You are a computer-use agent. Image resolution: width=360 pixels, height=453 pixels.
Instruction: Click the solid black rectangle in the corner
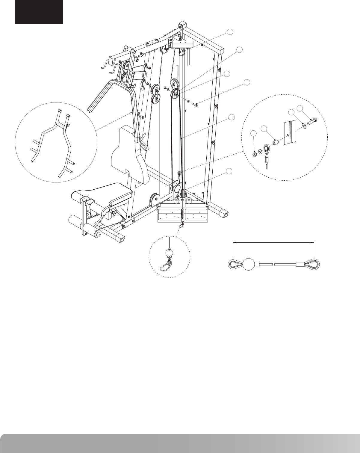[x=39, y=12]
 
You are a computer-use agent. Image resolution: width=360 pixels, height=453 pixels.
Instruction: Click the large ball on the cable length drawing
[x=250, y=264]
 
